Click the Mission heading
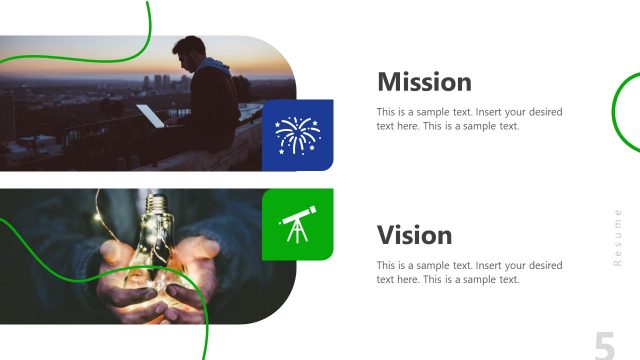pos(424,82)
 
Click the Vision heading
pos(414,236)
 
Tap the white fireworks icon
pos(297,135)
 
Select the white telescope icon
pos(297,224)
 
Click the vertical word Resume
pos(618,237)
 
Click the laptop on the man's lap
pos(150,116)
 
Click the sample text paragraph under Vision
pos(469,272)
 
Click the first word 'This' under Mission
pos(387,111)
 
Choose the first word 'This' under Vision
pos(387,265)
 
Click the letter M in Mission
pos(389,82)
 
